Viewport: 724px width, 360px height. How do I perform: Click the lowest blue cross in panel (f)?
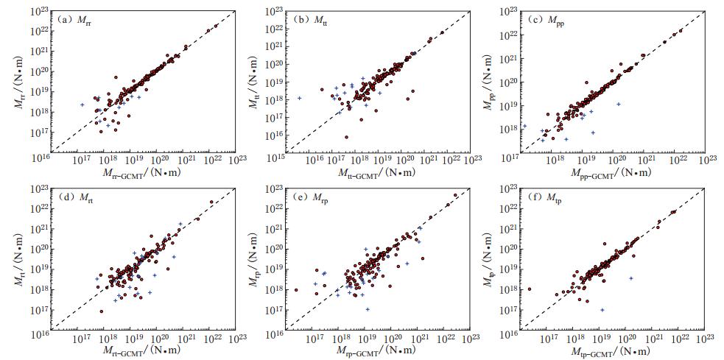[602, 310]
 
